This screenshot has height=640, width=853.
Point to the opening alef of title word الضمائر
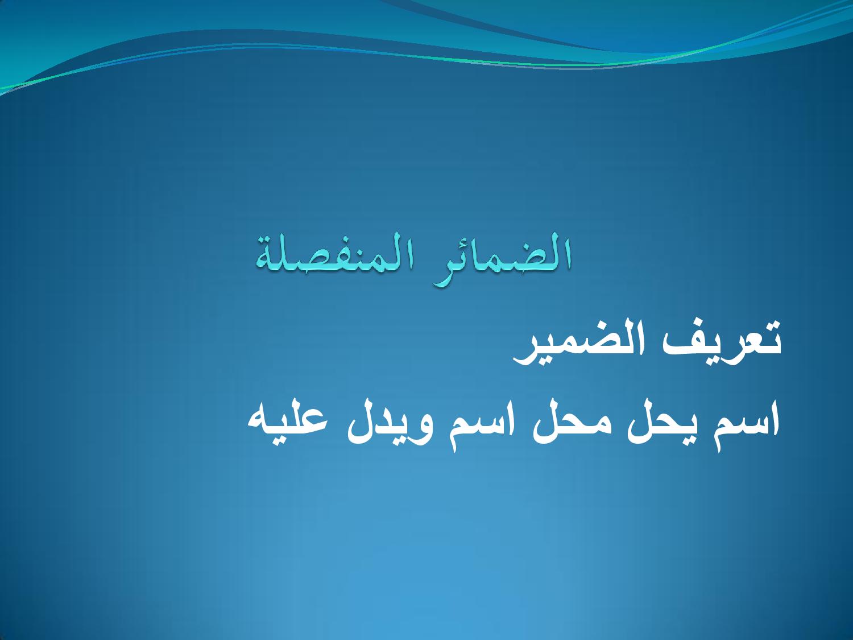tap(567, 253)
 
